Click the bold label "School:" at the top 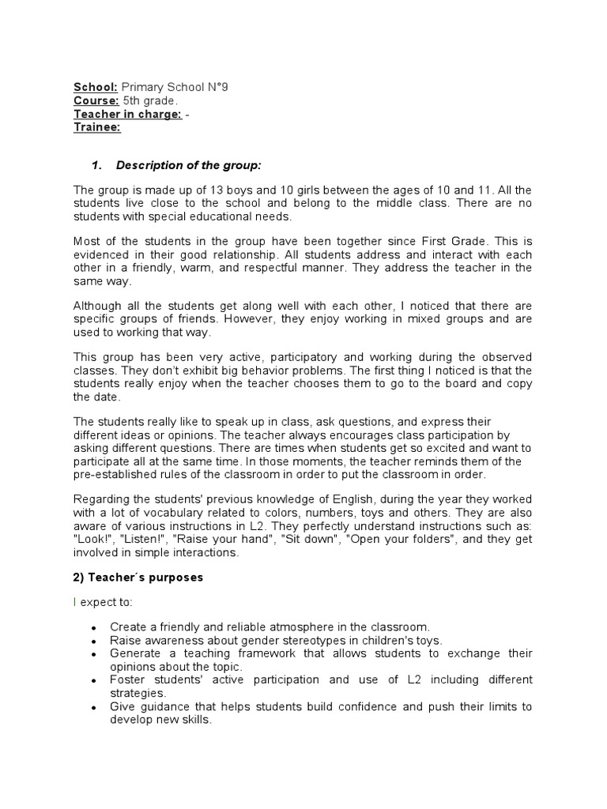(x=96, y=88)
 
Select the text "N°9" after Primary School (x=217, y=88)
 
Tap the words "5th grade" (x=150, y=101)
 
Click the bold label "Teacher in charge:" (x=127, y=115)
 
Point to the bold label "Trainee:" (x=97, y=128)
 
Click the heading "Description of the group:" (x=188, y=165)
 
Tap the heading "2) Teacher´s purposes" (x=138, y=578)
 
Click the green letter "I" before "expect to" (x=75, y=602)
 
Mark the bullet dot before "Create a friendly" (x=94, y=628)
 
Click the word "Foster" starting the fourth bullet (x=127, y=680)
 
